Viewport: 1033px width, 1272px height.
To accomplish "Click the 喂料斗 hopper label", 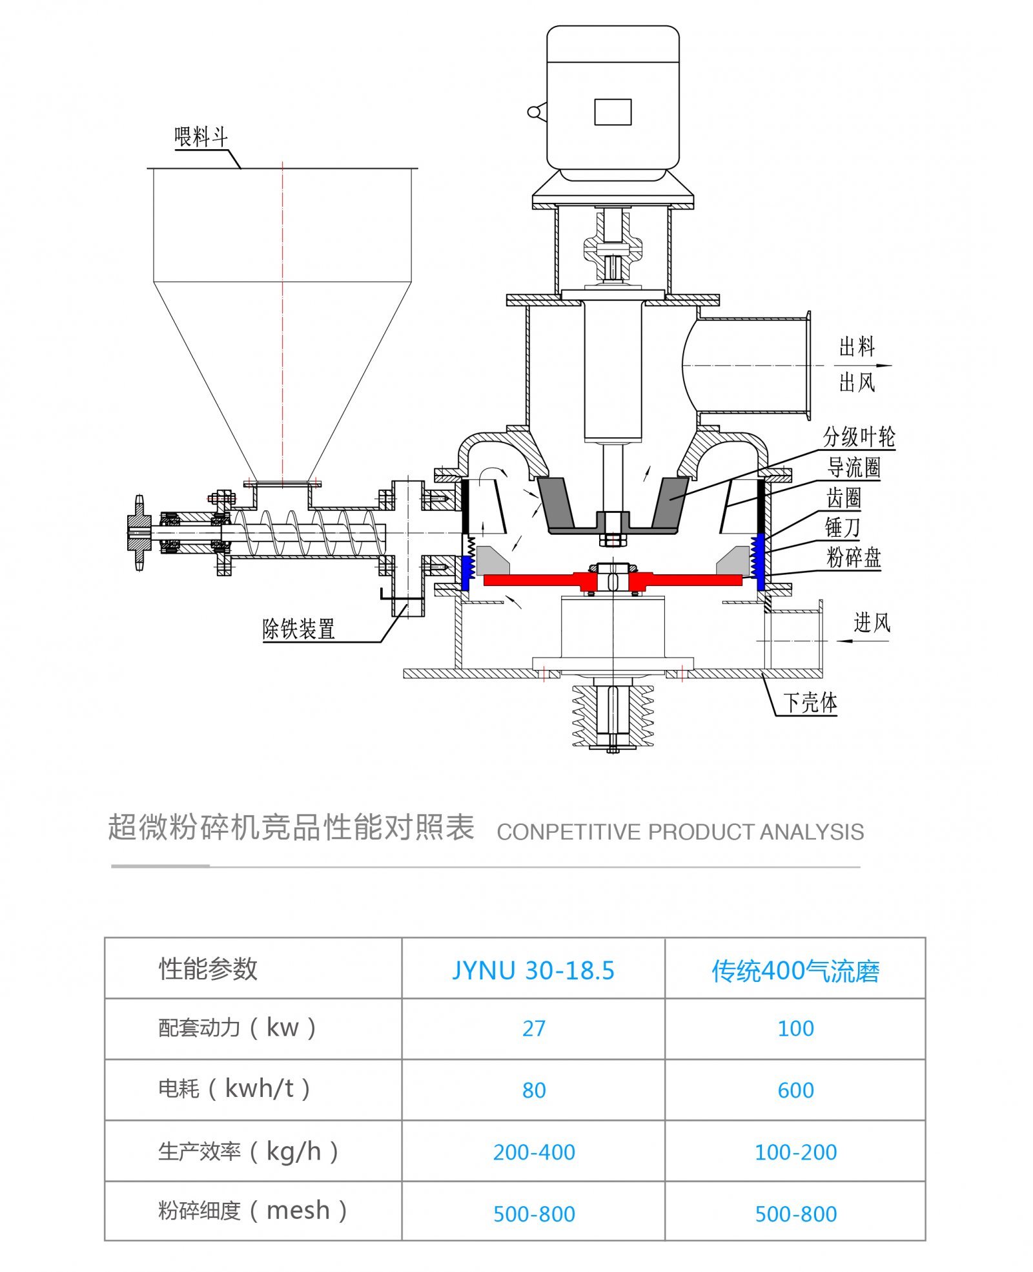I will (x=201, y=137).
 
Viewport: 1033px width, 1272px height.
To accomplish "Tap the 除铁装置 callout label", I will (x=298, y=629).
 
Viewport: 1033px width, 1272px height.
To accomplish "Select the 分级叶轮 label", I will (x=858, y=437).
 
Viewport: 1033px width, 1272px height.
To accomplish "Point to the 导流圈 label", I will (x=854, y=467).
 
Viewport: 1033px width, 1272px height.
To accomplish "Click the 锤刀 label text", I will (x=842, y=527).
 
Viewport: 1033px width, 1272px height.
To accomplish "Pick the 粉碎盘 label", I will (x=854, y=557).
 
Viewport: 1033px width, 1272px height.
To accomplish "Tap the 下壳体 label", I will (x=810, y=702).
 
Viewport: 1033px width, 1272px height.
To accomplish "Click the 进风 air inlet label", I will (x=872, y=623).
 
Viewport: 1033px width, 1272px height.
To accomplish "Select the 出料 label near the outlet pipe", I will (x=856, y=347).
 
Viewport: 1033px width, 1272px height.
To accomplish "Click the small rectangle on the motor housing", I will (x=612, y=112).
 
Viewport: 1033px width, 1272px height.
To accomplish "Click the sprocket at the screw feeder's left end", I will (x=139, y=533).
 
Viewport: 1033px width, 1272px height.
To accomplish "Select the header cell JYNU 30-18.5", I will (x=533, y=970).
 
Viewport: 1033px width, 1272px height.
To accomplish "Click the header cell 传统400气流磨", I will (x=795, y=970).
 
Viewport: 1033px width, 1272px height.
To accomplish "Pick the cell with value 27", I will (x=533, y=1028).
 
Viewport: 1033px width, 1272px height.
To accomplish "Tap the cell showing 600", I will (x=795, y=1090).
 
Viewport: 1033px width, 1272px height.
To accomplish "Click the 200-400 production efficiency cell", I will (x=533, y=1152).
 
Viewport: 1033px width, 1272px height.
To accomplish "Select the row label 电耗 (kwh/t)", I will (x=234, y=1089).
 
